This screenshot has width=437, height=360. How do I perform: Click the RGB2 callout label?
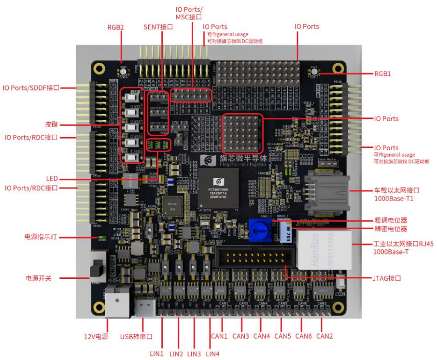pyautogui.click(x=115, y=28)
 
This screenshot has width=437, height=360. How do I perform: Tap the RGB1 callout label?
pyautogui.click(x=382, y=74)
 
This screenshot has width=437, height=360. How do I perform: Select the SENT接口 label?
pyautogui.click(x=158, y=27)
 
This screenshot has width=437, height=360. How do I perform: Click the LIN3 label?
pyautogui.click(x=194, y=354)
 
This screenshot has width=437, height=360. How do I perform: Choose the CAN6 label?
pyautogui.click(x=304, y=336)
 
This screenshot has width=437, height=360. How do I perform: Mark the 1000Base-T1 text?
pyautogui.click(x=394, y=199)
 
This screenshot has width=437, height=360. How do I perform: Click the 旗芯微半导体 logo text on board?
pyautogui.click(x=241, y=158)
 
